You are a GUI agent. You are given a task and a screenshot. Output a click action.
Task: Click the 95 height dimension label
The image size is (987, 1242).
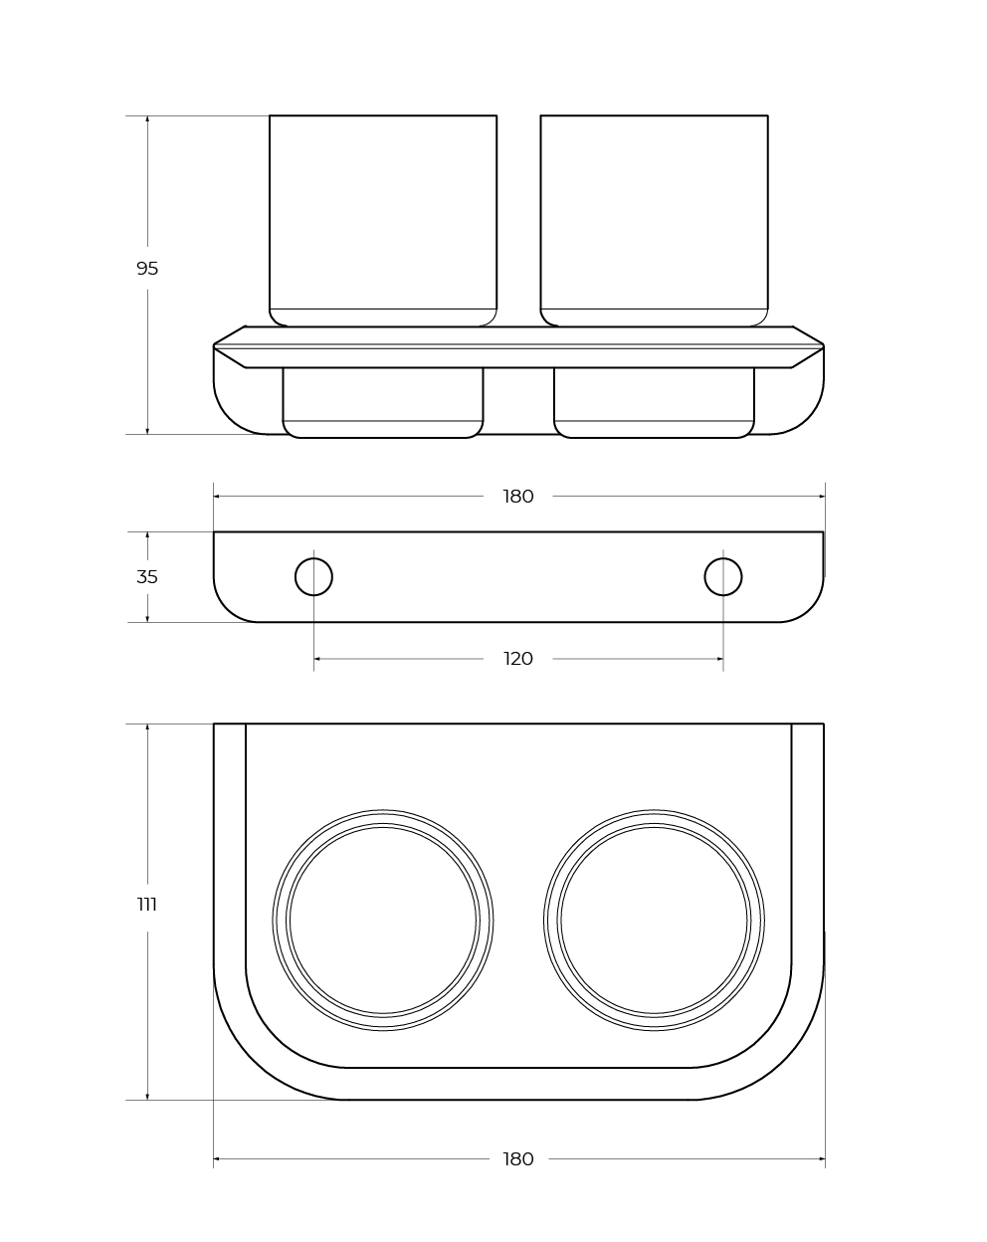click(147, 269)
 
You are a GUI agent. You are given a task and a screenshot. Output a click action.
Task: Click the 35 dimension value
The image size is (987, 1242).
click(147, 576)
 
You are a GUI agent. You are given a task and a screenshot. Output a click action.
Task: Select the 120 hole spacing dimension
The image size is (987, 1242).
click(517, 659)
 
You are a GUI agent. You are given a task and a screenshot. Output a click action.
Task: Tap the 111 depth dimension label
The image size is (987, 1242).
click(147, 905)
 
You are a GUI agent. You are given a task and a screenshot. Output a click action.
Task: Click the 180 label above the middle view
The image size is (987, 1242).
click(517, 497)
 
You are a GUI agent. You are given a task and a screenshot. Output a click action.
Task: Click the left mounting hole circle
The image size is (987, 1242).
click(313, 558)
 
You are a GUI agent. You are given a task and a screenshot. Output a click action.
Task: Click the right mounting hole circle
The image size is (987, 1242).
click(722, 558)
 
